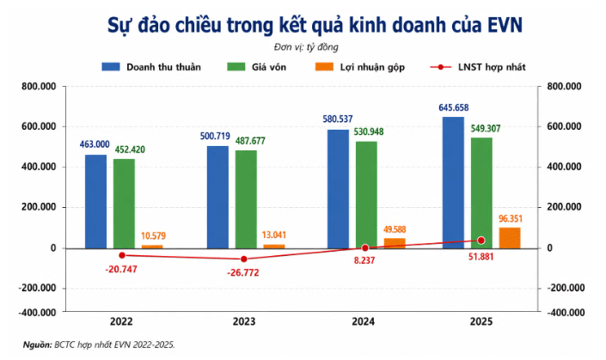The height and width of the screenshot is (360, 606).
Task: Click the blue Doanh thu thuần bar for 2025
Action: tap(453, 183)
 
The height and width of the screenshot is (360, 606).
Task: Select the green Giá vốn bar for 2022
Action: tap(124, 204)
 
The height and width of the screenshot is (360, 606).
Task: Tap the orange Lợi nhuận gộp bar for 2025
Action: tap(510, 238)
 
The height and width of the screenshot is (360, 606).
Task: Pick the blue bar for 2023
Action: tap(217, 197)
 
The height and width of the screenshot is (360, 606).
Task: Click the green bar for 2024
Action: tap(366, 195)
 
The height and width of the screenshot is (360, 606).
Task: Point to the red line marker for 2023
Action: tap(244, 259)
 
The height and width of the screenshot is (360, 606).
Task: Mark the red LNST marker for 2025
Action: tap(481, 241)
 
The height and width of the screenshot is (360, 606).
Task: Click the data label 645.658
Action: tap(453, 107)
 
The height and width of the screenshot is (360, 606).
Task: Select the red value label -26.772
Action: tap(243, 272)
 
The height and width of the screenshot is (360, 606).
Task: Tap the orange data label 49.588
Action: tap(395, 229)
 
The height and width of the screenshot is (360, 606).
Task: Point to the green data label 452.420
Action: tap(130, 149)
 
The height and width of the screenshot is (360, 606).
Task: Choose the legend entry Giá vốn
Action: tap(257, 67)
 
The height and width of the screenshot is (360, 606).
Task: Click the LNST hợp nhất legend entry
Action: tap(478, 67)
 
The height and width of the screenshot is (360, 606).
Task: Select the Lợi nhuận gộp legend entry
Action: tap(360, 67)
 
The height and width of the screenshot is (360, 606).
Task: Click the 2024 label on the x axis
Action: tap(363, 321)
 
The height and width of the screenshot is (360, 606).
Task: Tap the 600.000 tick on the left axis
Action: tap(39, 126)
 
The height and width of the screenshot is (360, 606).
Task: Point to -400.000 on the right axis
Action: tap(566, 312)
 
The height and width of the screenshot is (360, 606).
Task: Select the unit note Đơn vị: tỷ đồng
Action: tap(306, 47)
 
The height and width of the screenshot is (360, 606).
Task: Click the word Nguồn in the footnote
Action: tap(37, 345)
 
